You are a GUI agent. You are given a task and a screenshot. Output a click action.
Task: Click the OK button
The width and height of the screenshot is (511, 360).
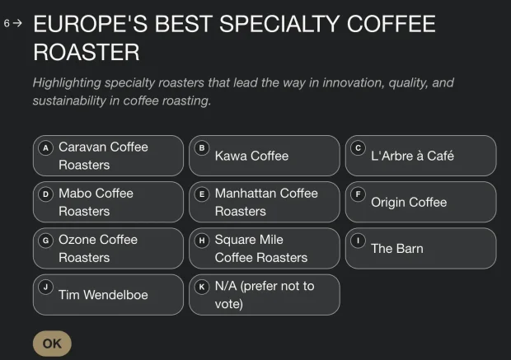click(x=52, y=344)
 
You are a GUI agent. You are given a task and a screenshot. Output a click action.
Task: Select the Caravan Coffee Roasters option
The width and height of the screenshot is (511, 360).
click(x=108, y=156)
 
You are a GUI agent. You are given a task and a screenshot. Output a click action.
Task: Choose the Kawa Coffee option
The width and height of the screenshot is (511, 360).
click(x=265, y=156)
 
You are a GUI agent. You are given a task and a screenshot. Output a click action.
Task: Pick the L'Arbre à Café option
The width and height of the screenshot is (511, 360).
click(x=420, y=156)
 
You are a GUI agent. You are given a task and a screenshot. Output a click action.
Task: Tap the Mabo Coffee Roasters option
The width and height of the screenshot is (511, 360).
click(x=108, y=202)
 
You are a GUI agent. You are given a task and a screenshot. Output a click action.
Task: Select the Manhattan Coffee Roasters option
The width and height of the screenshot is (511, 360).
click(x=265, y=202)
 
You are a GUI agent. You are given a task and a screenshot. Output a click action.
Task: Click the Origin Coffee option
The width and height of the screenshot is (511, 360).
click(x=420, y=202)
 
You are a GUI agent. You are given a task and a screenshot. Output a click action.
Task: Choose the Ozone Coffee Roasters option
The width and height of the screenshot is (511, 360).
click(x=108, y=249)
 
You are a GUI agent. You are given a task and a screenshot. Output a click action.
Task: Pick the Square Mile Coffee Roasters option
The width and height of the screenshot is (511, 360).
click(x=265, y=249)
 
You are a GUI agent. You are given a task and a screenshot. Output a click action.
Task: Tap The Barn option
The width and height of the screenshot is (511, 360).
click(x=420, y=249)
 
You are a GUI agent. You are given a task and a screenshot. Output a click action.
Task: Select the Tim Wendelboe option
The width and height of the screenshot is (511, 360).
click(x=108, y=295)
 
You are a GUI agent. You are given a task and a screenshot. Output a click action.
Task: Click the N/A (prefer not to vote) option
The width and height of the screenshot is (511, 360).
click(x=265, y=295)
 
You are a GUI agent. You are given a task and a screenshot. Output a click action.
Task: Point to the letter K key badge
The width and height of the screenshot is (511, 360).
click(x=202, y=287)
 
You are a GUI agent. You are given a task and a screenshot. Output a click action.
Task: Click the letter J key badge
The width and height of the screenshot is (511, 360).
click(x=45, y=287)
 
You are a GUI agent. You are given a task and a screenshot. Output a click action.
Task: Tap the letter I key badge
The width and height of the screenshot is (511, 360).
click(x=359, y=241)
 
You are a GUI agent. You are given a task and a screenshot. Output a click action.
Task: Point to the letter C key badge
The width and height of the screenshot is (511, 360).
click(x=359, y=148)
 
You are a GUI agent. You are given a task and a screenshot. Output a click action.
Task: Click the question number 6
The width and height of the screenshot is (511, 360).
click(x=7, y=23)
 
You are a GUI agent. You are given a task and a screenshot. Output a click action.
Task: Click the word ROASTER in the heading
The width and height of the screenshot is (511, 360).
click(x=87, y=52)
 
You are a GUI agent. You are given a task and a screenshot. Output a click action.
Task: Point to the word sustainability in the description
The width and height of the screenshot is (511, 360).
click(x=69, y=101)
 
